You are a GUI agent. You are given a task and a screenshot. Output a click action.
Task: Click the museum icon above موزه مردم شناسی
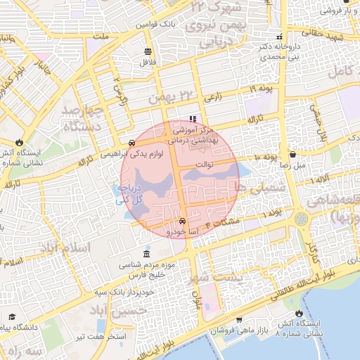146,253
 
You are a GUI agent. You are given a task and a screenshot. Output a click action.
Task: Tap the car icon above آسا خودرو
183,221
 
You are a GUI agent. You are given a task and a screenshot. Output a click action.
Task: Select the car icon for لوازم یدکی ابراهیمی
133,143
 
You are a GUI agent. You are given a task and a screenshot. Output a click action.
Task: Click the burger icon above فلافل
148,51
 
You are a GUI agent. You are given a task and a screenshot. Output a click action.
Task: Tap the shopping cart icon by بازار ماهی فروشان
239,320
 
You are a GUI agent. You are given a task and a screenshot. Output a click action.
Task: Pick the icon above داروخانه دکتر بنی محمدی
281,37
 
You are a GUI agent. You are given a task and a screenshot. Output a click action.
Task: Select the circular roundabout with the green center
302,219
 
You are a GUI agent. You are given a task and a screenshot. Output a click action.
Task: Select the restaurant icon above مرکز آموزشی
192,120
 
